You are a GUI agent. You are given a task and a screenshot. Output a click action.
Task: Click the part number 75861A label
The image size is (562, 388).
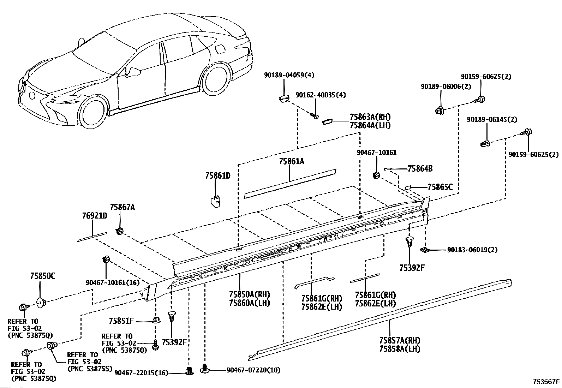291,161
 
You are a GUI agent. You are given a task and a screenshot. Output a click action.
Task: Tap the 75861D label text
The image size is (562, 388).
217,176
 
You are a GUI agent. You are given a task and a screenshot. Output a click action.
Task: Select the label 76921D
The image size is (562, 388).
95,216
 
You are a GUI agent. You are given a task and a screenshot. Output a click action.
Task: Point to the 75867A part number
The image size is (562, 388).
122,207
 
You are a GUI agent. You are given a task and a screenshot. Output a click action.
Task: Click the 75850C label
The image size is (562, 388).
43,276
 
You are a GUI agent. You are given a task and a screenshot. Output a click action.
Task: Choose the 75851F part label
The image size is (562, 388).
121,321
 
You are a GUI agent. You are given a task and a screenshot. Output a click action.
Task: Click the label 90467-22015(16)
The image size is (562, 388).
141,373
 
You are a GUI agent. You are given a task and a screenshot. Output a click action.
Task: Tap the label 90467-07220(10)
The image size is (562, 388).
253,370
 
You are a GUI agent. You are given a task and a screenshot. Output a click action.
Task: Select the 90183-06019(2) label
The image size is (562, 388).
472,250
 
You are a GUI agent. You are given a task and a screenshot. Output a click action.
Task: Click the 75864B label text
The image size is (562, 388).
420,169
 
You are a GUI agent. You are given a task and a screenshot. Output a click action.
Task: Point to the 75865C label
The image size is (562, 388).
440,187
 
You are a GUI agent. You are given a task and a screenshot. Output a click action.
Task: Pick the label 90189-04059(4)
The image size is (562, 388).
289,75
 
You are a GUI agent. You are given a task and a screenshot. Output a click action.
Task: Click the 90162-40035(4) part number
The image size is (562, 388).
321,95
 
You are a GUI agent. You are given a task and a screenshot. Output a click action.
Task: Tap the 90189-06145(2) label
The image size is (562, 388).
492,119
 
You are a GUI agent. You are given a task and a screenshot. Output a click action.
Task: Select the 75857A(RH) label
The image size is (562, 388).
400,340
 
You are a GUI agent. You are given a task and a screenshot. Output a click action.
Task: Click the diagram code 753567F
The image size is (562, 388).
546,382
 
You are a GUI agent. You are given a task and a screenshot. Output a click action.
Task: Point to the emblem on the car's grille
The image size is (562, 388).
32,95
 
